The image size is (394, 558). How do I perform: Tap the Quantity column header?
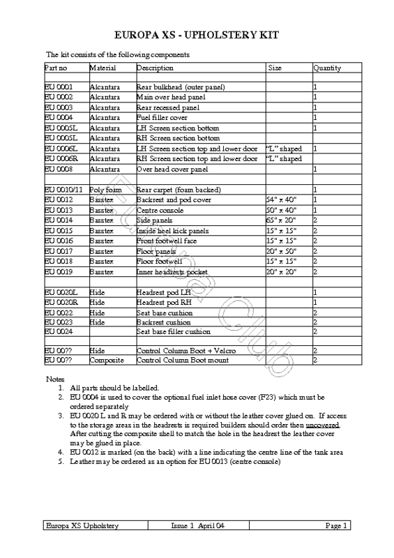[327, 68]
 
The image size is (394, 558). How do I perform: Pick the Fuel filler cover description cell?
[162, 119]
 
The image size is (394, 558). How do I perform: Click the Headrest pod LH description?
[163, 292]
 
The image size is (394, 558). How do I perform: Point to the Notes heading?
[55, 378]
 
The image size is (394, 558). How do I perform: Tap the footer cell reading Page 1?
[335, 544]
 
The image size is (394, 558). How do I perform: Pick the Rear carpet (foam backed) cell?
[179, 190]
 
